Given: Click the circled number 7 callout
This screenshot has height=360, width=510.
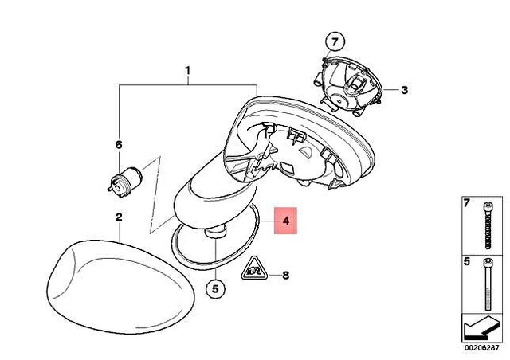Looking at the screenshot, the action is [x=335, y=42].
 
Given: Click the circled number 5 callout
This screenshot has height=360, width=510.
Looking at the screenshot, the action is [x=215, y=288].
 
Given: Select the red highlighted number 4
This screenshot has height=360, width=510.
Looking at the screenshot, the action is [x=285, y=221].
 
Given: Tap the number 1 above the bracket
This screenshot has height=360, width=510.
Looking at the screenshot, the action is [x=188, y=71].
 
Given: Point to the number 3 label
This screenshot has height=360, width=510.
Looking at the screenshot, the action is [x=404, y=90].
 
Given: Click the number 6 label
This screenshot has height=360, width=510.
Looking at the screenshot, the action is [x=119, y=145].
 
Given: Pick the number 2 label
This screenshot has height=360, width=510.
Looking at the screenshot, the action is [x=119, y=217].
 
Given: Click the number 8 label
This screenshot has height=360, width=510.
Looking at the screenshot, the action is [x=285, y=276].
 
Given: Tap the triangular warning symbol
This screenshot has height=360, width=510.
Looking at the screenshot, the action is [x=254, y=268].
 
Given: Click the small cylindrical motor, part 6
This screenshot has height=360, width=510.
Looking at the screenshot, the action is [x=125, y=182].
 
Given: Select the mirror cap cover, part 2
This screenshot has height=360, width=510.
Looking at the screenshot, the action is [x=120, y=286].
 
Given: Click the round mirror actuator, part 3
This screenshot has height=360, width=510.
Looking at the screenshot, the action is [x=349, y=86].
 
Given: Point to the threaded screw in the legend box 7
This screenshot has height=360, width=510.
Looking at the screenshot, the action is [x=488, y=225].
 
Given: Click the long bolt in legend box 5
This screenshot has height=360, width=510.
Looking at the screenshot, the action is [x=488, y=284].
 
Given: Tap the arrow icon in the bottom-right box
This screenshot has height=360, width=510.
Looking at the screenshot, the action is [x=481, y=328].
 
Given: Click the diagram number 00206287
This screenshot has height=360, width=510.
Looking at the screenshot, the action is [x=481, y=347].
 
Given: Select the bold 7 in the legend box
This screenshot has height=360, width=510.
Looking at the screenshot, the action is [x=467, y=204].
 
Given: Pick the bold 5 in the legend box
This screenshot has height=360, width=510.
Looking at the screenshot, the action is [x=467, y=261].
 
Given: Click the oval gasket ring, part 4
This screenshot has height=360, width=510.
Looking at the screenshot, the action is [x=215, y=236].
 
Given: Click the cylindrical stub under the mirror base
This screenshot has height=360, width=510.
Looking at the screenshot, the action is [x=215, y=233].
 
